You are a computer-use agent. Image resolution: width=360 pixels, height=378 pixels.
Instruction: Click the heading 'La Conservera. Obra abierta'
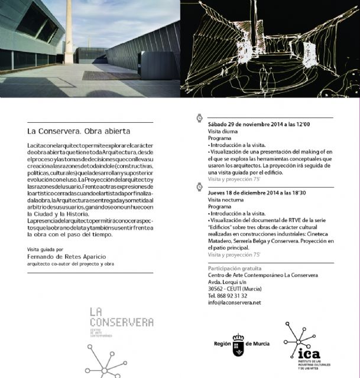point(79,131)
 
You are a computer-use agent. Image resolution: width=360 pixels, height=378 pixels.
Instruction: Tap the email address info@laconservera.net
point(234,303)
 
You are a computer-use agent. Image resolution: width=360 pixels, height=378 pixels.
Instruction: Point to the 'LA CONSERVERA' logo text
point(121,317)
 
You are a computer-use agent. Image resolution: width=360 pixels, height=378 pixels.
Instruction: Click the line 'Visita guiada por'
point(47,249)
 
